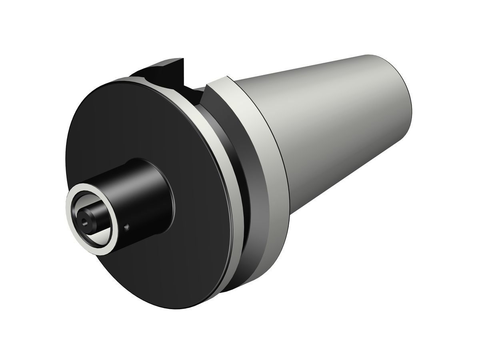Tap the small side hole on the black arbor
pos(127,228)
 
